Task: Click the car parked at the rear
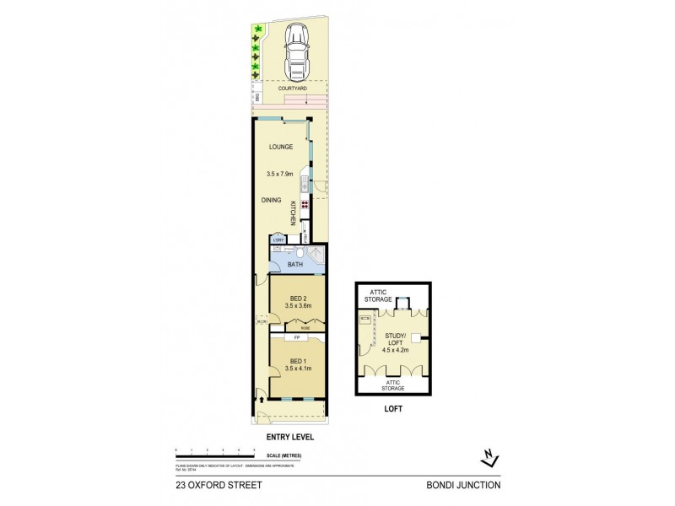pos(296,50)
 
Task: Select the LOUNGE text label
pos(281,147)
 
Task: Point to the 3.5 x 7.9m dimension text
pos(280,174)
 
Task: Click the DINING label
pos(270,200)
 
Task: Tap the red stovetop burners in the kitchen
pos(303,205)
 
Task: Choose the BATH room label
pos(294,264)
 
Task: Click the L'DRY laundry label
pos(277,240)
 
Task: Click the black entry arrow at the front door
pos(261,400)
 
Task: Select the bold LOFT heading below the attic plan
pos(391,409)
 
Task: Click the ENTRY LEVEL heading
pos(290,437)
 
